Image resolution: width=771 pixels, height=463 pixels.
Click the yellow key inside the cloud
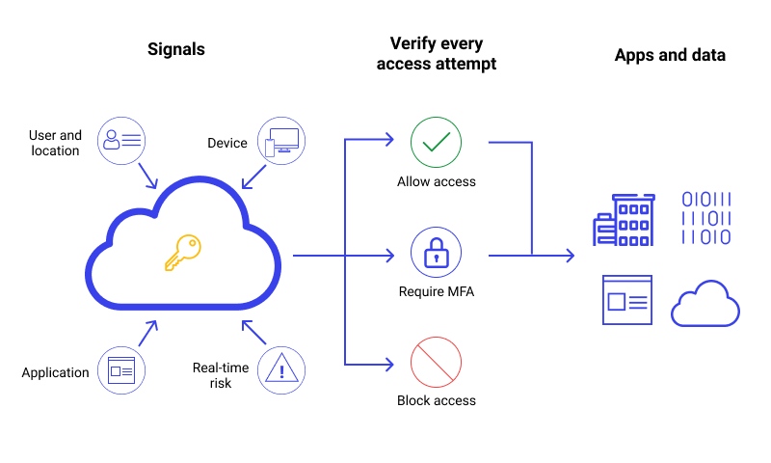point(182,253)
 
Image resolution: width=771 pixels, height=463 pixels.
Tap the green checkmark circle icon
point(436,143)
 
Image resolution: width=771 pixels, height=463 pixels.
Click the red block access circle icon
point(436,362)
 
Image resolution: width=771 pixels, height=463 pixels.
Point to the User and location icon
point(122,141)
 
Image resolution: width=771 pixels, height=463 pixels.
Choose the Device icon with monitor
point(281,141)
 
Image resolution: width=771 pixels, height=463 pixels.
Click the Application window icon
point(122,370)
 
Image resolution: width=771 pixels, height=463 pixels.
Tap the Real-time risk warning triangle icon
point(281,370)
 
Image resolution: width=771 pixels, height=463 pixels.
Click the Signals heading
point(176,50)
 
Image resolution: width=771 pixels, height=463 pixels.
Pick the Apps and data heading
point(670,55)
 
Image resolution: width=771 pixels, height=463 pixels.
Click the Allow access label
point(436,181)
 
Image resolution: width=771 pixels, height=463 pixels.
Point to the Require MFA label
point(436,291)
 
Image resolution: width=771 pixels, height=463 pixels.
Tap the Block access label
point(436,400)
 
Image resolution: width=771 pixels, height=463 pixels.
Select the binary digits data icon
point(706,218)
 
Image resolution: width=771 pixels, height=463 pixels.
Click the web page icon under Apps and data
point(626,300)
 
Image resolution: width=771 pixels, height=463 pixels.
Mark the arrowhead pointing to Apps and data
point(570,256)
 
